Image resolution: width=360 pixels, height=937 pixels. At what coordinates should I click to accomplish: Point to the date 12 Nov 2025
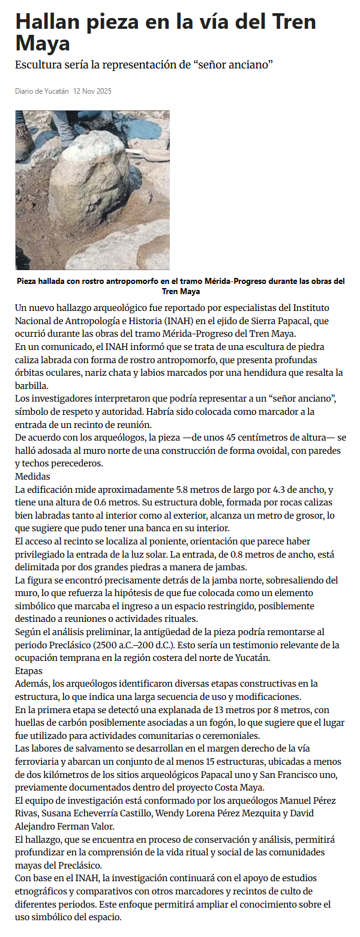[92, 91]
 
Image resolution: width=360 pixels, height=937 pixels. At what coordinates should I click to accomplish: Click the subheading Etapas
[29, 670]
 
